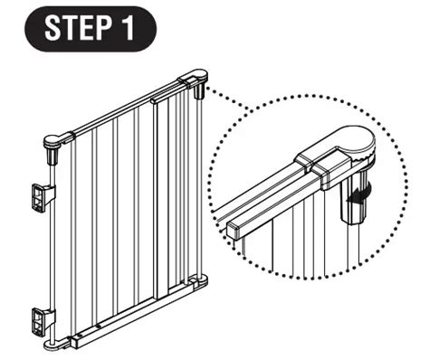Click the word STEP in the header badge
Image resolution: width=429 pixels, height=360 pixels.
tap(77, 28)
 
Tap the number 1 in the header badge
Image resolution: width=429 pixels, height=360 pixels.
tap(127, 28)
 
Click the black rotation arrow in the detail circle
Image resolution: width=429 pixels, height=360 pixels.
tap(359, 192)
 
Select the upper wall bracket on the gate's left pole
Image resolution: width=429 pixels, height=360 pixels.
tap(43, 197)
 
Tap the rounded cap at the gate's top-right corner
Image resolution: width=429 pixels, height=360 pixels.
tap(194, 78)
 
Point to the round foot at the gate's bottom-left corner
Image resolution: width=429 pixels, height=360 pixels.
tap(55, 345)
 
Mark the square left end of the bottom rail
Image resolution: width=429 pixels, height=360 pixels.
tap(74, 342)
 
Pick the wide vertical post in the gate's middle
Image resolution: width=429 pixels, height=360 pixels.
tap(155, 199)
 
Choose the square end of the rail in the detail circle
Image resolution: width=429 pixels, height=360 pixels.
tap(234, 230)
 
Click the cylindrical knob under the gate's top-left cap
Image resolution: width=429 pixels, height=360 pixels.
tap(52, 155)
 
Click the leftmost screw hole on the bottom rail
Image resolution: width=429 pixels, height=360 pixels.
tap(80, 334)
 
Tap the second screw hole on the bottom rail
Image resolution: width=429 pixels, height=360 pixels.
tap(100, 326)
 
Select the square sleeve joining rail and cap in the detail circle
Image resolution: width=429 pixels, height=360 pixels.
tap(332, 173)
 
